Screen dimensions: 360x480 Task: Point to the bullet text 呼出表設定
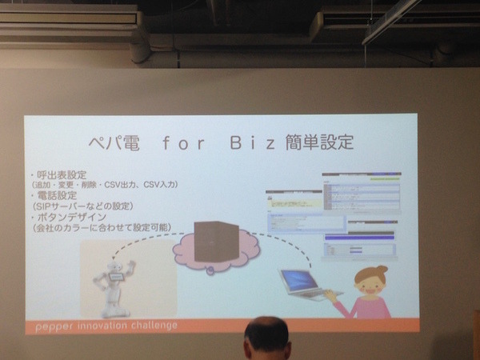[x=60, y=174]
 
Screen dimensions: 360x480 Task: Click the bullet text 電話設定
[x=54, y=195]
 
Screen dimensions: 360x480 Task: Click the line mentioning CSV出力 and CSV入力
[x=104, y=185]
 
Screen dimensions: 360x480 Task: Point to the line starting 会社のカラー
[x=101, y=227]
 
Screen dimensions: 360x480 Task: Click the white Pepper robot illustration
[x=112, y=282]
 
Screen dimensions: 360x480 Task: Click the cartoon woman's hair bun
[x=382, y=270]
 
